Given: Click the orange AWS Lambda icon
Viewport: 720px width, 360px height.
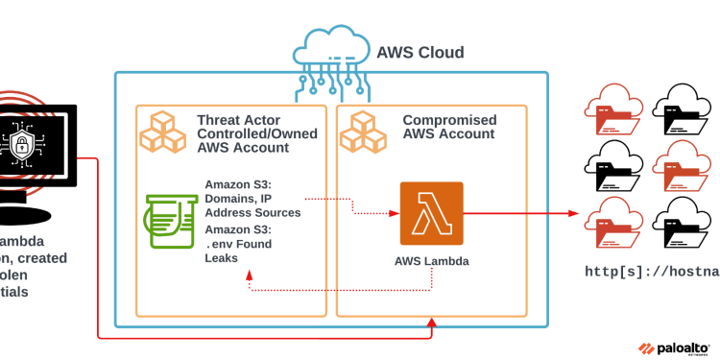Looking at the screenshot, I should [x=431, y=213].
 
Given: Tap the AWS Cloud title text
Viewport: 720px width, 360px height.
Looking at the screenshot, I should [x=420, y=53].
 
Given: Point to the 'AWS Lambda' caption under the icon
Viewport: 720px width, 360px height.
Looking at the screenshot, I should [x=431, y=260].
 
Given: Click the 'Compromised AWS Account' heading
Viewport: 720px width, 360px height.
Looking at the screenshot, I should [x=449, y=127].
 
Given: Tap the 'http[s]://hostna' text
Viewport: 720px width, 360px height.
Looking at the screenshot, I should [x=652, y=272].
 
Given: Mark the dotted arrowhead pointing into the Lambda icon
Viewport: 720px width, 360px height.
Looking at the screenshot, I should [x=393, y=213].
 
